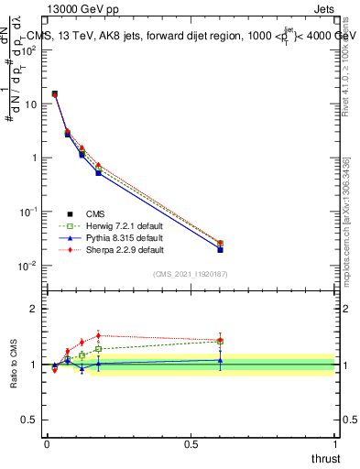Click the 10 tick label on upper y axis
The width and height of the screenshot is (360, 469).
[30, 104]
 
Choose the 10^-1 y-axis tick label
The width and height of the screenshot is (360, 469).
[27, 212]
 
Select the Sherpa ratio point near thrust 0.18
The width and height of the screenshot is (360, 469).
[98, 335]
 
